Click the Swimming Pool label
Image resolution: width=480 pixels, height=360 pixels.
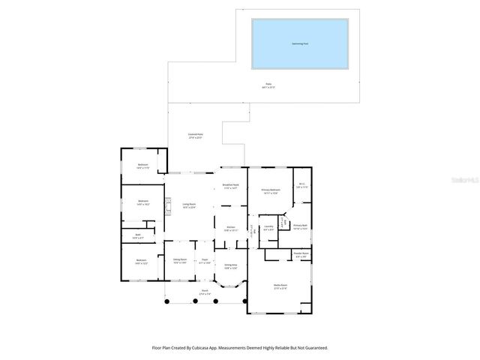tap(300, 43)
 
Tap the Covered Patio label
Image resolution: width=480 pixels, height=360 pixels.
tap(196, 136)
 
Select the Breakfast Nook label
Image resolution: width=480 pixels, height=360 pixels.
tap(230, 186)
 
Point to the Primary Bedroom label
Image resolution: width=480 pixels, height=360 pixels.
tap(270, 190)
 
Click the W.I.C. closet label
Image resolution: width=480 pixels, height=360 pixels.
tap(301, 185)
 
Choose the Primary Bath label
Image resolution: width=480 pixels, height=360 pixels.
tap(300, 226)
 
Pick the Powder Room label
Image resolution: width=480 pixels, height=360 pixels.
tap(302, 254)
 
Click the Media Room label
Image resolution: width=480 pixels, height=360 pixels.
tap(281, 286)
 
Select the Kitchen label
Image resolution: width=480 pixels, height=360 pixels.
tap(231, 229)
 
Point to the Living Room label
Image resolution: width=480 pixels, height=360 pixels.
tap(189, 205)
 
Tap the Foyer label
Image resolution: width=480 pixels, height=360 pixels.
tap(204, 262)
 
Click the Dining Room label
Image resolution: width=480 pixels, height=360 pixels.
tap(181, 262)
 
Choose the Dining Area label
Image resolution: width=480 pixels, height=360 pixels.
tap(230, 266)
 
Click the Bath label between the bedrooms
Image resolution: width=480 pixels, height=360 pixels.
tap(139, 236)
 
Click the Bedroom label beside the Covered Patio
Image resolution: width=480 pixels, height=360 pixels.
tap(142, 166)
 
